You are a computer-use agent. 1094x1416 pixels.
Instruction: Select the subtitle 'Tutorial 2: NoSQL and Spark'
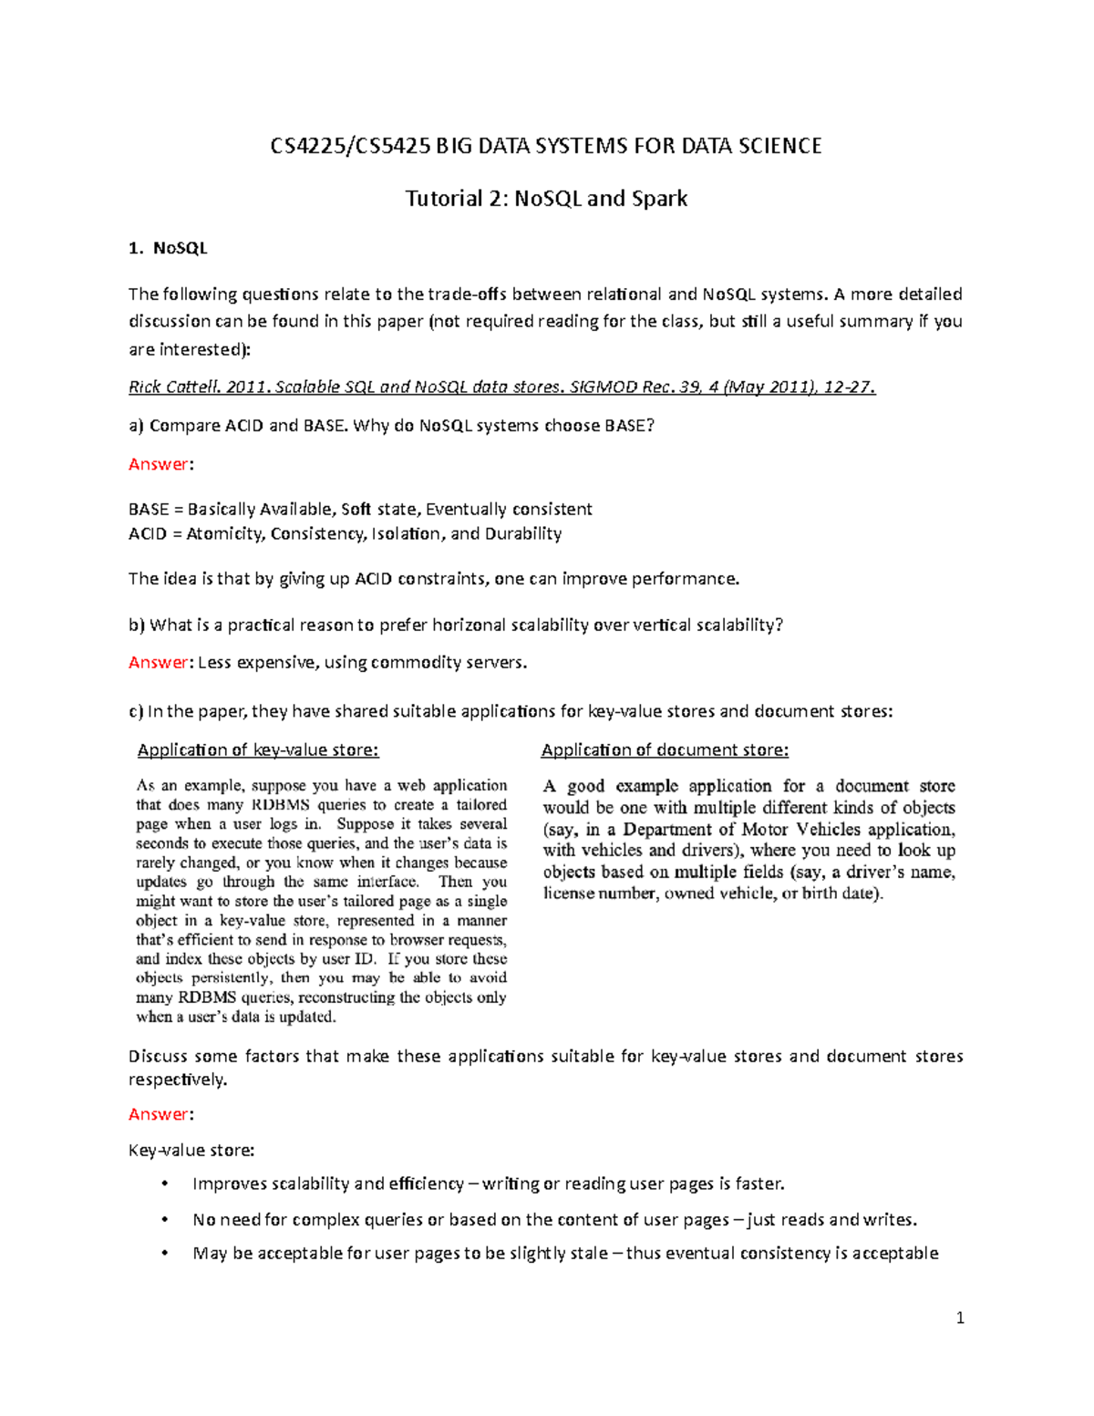pyautogui.click(x=546, y=198)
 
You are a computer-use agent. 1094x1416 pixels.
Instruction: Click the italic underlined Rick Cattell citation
pyautogui.click(x=501, y=387)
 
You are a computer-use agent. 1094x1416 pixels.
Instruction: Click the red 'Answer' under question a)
pyautogui.click(x=159, y=464)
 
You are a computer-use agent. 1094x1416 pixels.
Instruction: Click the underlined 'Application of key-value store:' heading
pyautogui.click(x=257, y=749)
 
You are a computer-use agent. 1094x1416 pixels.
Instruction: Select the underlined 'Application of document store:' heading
pyautogui.click(x=665, y=749)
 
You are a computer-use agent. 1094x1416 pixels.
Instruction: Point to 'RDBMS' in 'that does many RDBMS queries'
pyautogui.click(x=280, y=805)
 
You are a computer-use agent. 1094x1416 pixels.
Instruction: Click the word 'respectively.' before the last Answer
pyautogui.click(x=178, y=1080)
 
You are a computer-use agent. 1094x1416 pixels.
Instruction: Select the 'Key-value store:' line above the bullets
pyautogui.click(x=191, y=1151)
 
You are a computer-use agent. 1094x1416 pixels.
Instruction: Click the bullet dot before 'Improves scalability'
pyautogui.click(x=164, y=1183)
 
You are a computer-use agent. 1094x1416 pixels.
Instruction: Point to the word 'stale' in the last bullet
pyautogui.click(x=583, y=1253)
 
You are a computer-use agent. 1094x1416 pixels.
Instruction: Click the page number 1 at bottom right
pyautogui.click(x=960, y=1318)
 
